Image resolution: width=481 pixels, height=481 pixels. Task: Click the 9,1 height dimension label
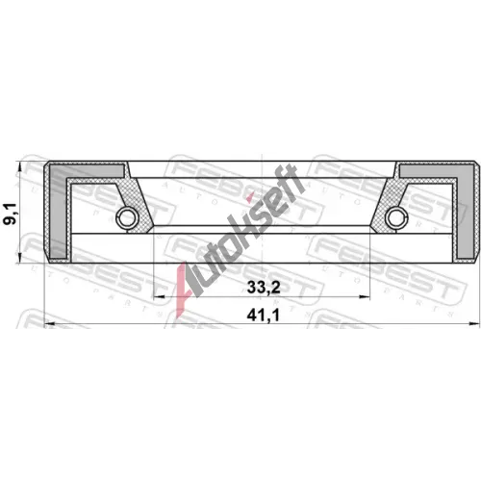click(10, 214)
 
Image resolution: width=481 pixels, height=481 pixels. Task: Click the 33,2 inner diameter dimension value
click(264, 288)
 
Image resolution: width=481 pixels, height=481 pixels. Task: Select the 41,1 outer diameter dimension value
click(263, 316)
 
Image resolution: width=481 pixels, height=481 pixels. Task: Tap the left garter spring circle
click(128, 218)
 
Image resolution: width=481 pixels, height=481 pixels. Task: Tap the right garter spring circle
click(396, 218)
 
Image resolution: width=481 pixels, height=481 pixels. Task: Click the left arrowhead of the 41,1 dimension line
click(49, 323)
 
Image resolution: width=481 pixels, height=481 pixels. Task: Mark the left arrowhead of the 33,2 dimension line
click(160, 297)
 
